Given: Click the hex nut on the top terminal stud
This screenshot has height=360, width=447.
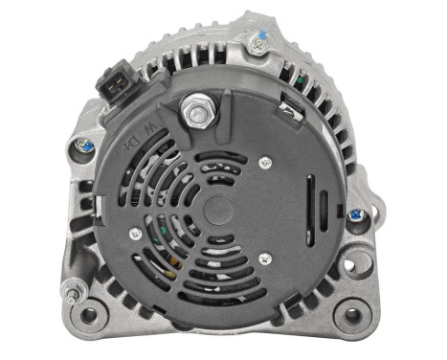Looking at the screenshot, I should pyautogui.click(x=198, y=112).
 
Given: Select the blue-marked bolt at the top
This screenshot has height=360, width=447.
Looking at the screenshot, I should pyautogui.click(x=256, y=41).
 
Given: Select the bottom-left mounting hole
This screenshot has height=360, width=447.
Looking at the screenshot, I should pyautogui.click(x=90, y=312).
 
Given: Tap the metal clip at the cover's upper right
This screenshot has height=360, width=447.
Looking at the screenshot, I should pyautogui.click(x=287, y=110).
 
